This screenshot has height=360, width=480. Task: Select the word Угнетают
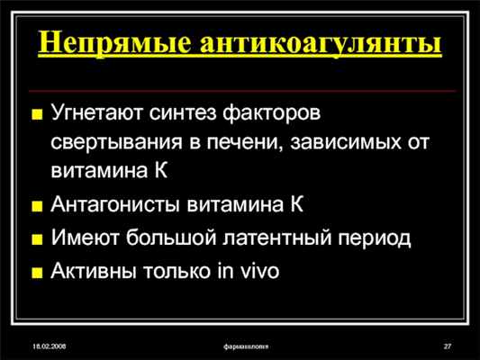(96, 117)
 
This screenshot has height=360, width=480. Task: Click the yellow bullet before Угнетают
(37, 118)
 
